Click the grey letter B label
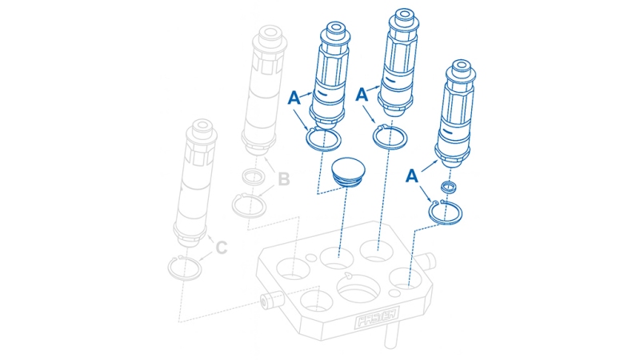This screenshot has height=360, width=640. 283,179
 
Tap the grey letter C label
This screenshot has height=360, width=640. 222,248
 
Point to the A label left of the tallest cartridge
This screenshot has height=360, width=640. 362,94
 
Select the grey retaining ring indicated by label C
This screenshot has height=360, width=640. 186,266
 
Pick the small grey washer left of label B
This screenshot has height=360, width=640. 254,177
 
